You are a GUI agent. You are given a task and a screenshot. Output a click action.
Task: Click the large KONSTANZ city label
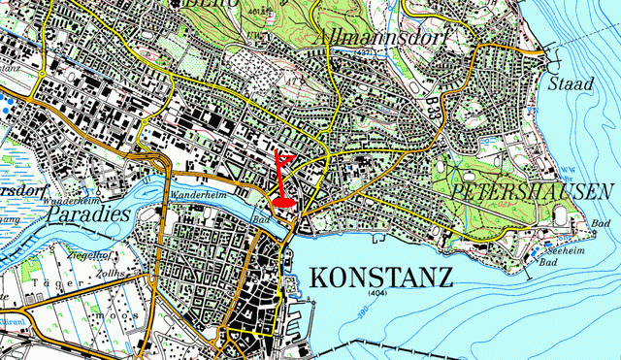(381, 278)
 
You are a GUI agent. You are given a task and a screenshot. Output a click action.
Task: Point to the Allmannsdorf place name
(369, 36)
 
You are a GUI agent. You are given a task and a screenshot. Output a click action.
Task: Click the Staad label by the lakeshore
(570, 84)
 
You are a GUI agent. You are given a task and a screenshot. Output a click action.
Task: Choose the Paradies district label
(88, 212)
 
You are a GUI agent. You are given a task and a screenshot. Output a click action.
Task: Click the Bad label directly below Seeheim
(550, 263)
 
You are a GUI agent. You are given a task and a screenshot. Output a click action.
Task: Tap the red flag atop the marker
(287, 157)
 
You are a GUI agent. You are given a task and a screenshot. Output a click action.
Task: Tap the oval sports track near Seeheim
(562, 215)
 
